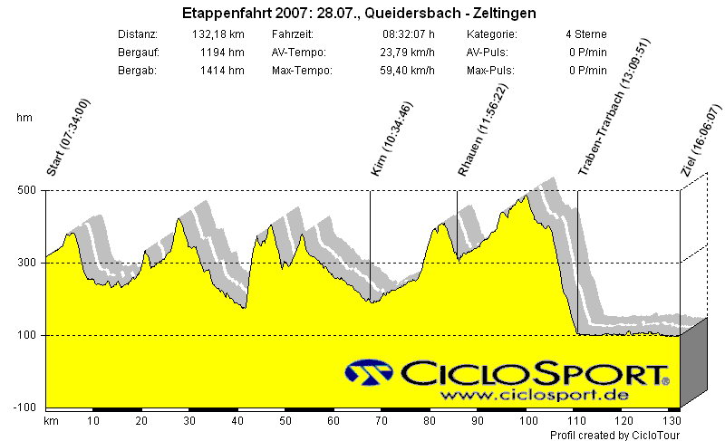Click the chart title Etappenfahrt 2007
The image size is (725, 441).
point(359,14)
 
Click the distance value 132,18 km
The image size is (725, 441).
point(218,34)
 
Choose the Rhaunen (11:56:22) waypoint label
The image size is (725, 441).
point(483,133)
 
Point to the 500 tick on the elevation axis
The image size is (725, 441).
point(27,190)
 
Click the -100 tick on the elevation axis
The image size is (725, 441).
point(25,407)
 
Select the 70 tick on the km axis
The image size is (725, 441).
point(382,421)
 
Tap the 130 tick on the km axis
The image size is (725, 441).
point(672,421)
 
